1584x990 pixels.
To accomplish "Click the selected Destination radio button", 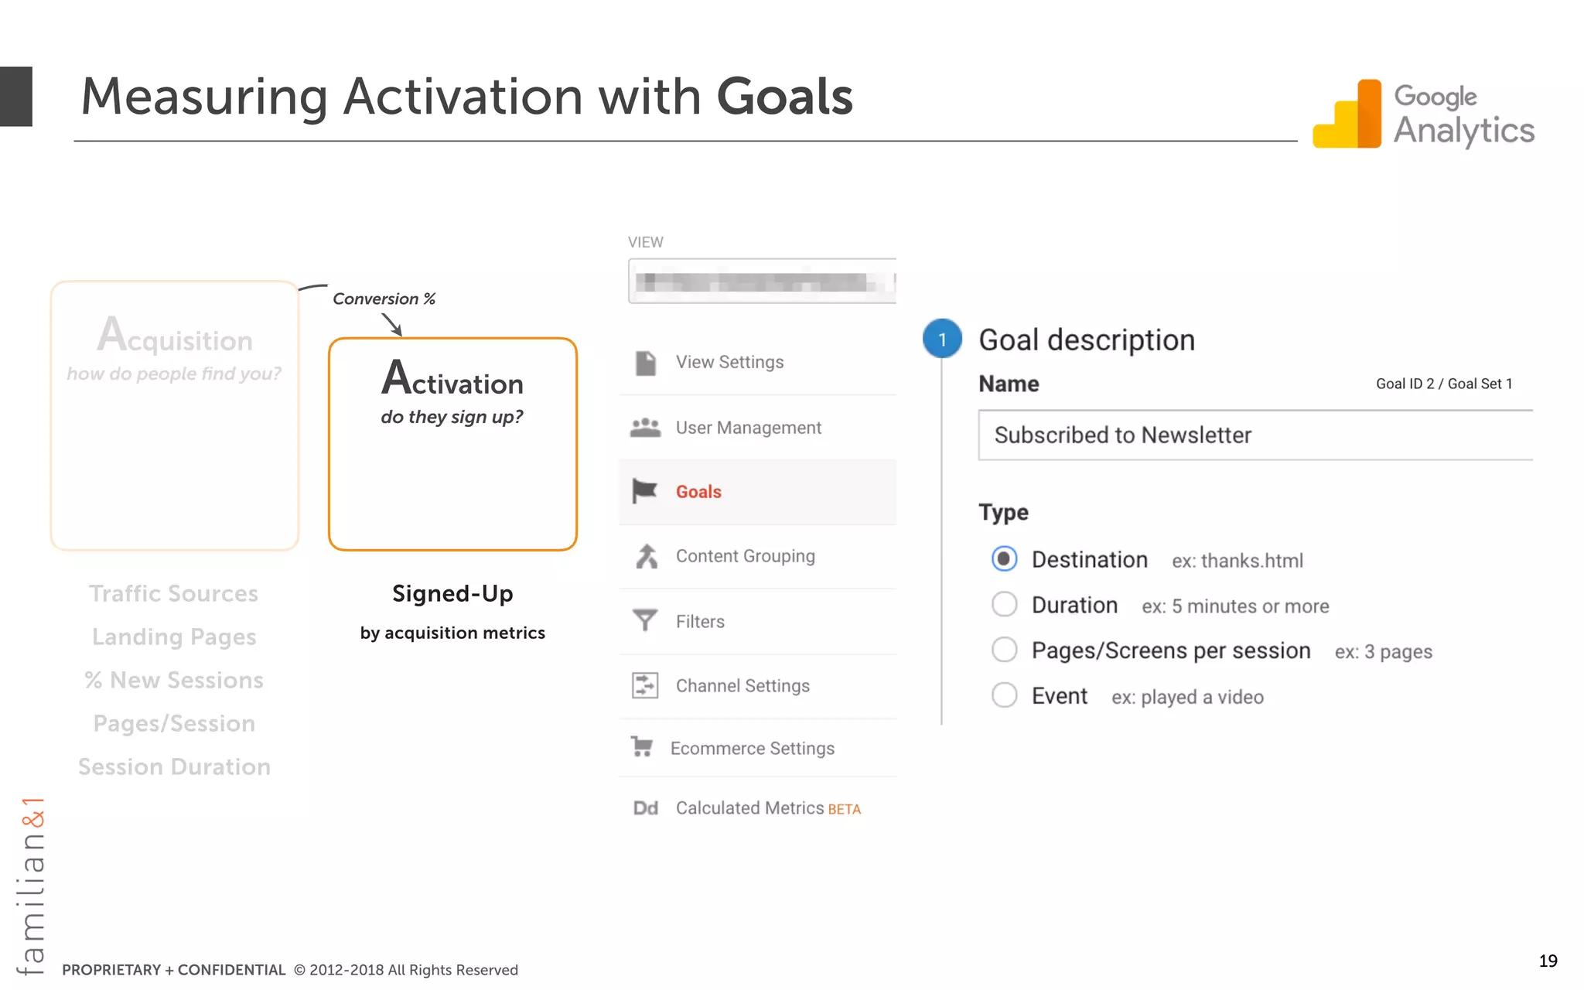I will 1004,558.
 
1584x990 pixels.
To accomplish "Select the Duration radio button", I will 1004,604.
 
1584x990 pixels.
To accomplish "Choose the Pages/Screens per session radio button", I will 1004,650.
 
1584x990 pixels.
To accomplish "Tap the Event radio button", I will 1004,695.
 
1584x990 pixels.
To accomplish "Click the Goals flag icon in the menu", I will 644,491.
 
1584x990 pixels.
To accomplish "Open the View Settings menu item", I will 729,362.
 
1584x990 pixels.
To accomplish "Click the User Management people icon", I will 645,428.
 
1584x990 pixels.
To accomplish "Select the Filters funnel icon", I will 644,620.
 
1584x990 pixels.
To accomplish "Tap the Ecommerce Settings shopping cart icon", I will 642,746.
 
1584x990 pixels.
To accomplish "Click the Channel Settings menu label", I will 742,686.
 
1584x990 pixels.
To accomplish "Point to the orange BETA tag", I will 844,810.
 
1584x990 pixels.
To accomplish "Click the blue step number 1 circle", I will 942,339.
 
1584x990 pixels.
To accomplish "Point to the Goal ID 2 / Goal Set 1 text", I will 1443,384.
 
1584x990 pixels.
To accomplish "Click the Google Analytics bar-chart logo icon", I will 1347,114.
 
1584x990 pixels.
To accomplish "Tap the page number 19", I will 1548,961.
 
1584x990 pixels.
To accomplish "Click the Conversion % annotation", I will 384,299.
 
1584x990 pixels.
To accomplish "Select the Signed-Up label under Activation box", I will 452,594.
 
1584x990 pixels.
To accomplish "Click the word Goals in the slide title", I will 784,97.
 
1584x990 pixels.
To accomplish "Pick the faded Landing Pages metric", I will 174,637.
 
